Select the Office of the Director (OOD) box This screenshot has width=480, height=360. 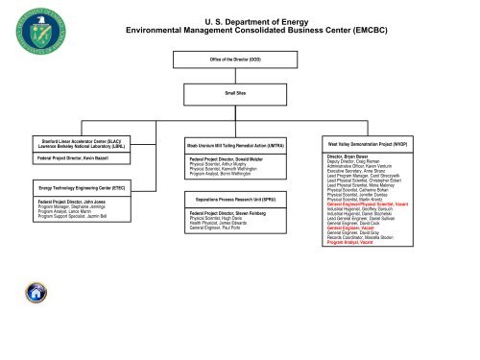tap(240, 60)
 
